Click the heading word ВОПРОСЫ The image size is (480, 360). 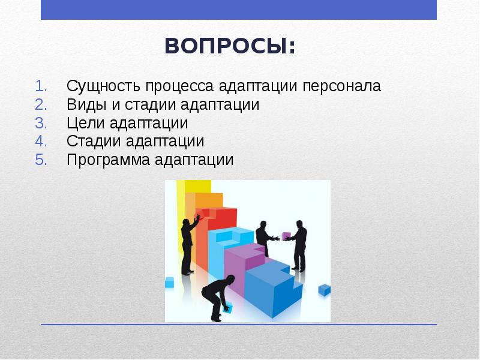pos(230,46)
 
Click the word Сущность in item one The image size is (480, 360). pos(96,86)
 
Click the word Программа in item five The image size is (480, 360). pos(109,160)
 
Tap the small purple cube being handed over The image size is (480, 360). pos(286,235)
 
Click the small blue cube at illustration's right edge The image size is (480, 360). pos(324,290)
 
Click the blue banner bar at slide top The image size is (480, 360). pos(239,10)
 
